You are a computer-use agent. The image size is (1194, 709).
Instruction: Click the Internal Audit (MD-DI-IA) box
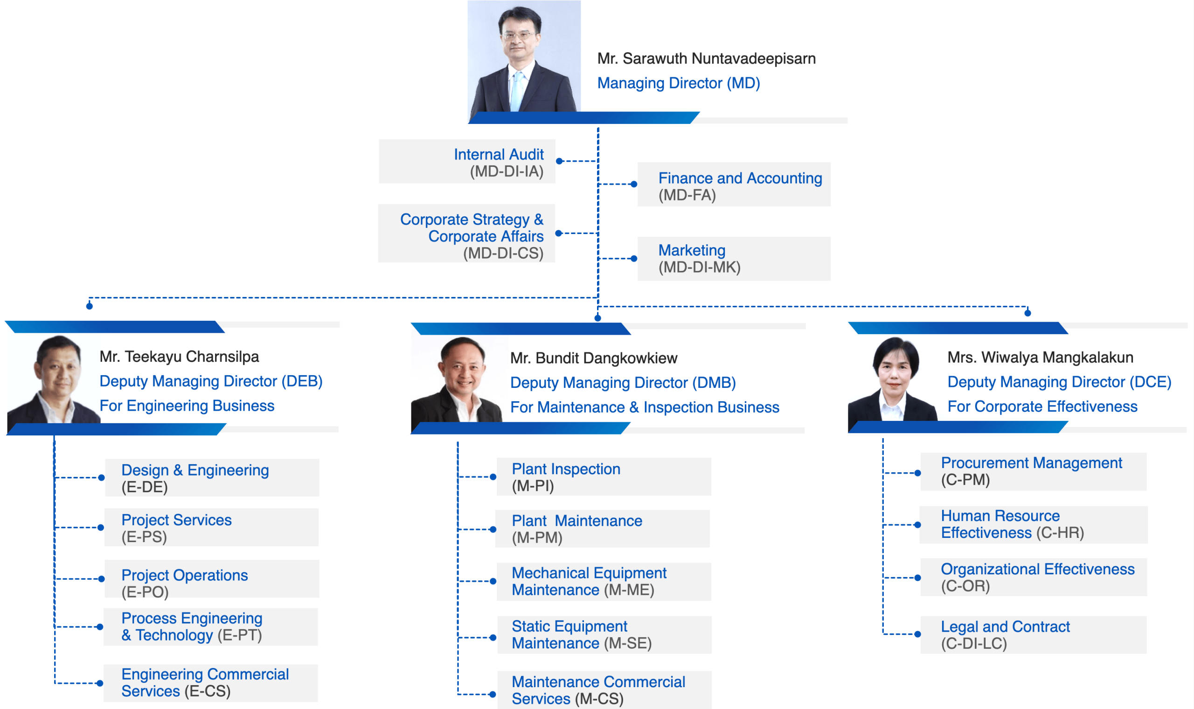pos(467,161)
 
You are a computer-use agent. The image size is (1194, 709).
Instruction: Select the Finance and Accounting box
pos(734,185)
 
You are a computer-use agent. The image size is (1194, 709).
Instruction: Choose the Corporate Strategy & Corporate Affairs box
pos(466,234)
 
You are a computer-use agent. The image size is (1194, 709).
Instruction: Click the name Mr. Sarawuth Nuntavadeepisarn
pos(706,59)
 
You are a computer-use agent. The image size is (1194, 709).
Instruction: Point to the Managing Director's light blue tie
pos(517,91)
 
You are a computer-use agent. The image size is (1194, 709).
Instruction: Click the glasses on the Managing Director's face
pos(519,35)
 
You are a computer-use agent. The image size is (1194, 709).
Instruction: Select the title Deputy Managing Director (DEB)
pos(211,381)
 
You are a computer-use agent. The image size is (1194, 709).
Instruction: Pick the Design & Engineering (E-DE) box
pos(212,478)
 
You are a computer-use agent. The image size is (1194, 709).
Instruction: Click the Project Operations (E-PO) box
pos(212,579)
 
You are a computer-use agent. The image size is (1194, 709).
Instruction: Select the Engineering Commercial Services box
pos(210,683)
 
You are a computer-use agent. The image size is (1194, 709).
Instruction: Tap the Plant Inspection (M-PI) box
pos(604,477)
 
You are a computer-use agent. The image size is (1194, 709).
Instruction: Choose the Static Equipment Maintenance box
pos(604,635)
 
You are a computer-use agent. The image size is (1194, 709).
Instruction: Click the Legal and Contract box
pos(1034,635)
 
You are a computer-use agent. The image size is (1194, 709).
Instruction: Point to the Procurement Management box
pos(1034,472)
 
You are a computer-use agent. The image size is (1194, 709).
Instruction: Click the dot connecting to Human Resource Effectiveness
pos(917,525)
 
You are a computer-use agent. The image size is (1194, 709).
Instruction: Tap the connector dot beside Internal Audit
pos(559,161)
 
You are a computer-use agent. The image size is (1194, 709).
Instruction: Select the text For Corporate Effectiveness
pos(1042,406)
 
